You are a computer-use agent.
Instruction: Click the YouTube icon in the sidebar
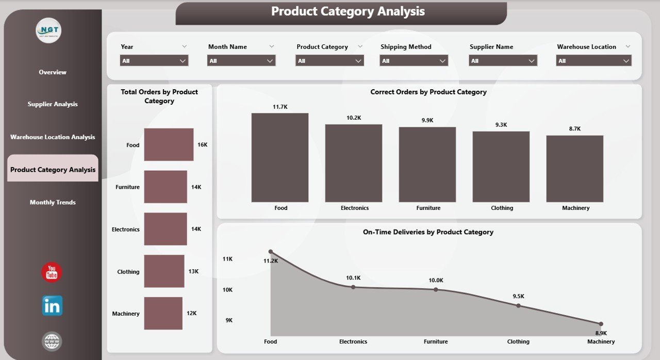click(x=52, y=272)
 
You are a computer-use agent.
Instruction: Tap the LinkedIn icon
click(x=52, y=306)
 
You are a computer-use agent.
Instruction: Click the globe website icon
click(x=52, y=341)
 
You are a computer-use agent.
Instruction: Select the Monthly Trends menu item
click(x=53, y=202)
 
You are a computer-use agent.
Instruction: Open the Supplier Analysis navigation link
click(x=53, y=104)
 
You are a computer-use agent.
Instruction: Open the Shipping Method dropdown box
click(x=414, y=61)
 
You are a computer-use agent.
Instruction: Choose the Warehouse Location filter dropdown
click(x=593, y=61)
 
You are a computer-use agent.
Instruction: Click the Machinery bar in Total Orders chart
click(x=163, y=313)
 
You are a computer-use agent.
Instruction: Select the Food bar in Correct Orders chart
click(x=280, y=157)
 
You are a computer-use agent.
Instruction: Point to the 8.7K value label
click(x=574, y=128)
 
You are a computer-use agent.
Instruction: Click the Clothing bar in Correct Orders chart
click(x=501, y=166)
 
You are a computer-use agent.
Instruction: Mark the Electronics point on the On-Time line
click(x=353, y=287)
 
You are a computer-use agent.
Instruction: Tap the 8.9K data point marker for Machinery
click(x=601, y=323)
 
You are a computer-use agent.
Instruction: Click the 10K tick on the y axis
click(x=227, y=290)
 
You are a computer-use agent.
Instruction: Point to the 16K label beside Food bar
click(x=202, y=145)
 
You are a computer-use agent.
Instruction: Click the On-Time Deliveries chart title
click(x=428, y=232)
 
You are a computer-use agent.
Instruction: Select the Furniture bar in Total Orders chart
click(x=166, y=187)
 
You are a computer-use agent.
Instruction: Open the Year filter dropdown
click(x=154, y=61)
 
